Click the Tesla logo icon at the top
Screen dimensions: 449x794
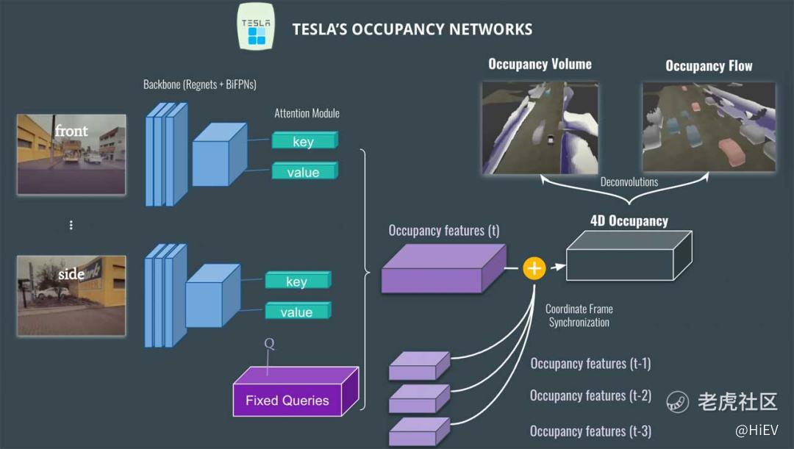coord(257,26)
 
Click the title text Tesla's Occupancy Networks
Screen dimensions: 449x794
coord(412,29)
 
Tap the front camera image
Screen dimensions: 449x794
coord(71,154)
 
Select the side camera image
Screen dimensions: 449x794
coord(71,295)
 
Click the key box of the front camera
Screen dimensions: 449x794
coord(304,141)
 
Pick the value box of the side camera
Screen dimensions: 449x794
coord(298,312)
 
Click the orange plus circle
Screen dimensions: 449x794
coord(534,268)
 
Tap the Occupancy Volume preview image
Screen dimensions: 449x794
coord(540,127)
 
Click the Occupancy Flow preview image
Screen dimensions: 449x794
coord(709,127)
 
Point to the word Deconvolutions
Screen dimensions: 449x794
coord(629,182)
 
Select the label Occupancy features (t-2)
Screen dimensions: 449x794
coord(590,396)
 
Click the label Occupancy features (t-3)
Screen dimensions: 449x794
coord(590,431)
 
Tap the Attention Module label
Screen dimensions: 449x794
coord(307,113)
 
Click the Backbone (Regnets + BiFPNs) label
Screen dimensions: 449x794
coord(199,85)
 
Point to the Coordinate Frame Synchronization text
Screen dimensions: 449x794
coord(579,315)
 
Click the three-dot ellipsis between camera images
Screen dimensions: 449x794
coord(71,225)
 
